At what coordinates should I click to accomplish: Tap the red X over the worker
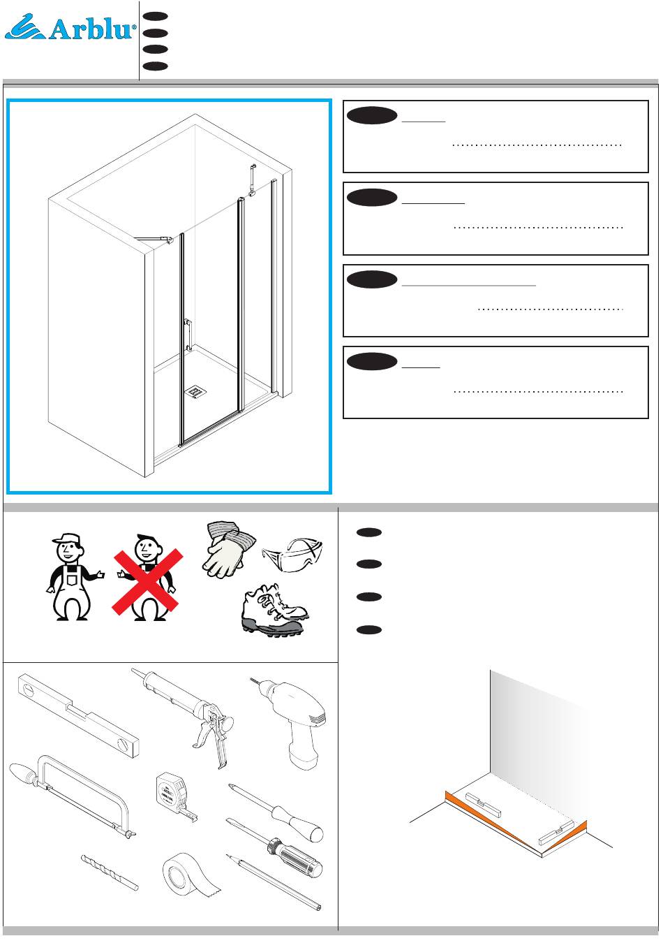coord(147,581)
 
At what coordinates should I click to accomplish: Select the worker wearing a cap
coord(73,576)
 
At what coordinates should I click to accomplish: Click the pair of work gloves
coord(230,549)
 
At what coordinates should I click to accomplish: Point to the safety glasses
coord(293,555)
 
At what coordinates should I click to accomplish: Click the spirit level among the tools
coord(78,716)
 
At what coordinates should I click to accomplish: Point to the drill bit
coord(110,872)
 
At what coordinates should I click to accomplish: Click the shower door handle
coord(188,335)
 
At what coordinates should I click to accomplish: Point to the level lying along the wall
coord(483,804)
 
